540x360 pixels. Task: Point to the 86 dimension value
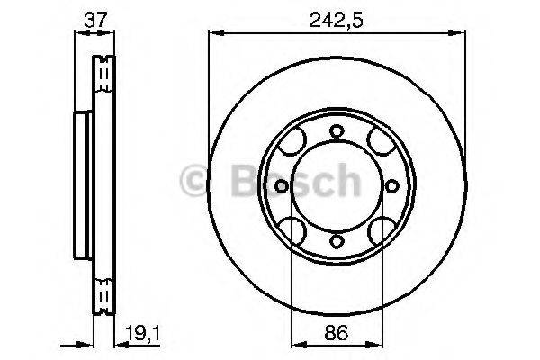(x=335, y=331)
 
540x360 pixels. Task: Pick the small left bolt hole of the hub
(x=281, y=186)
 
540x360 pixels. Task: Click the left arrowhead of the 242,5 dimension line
(x=214, y=33)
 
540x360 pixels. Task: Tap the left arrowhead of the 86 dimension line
(x=297, y=343)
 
